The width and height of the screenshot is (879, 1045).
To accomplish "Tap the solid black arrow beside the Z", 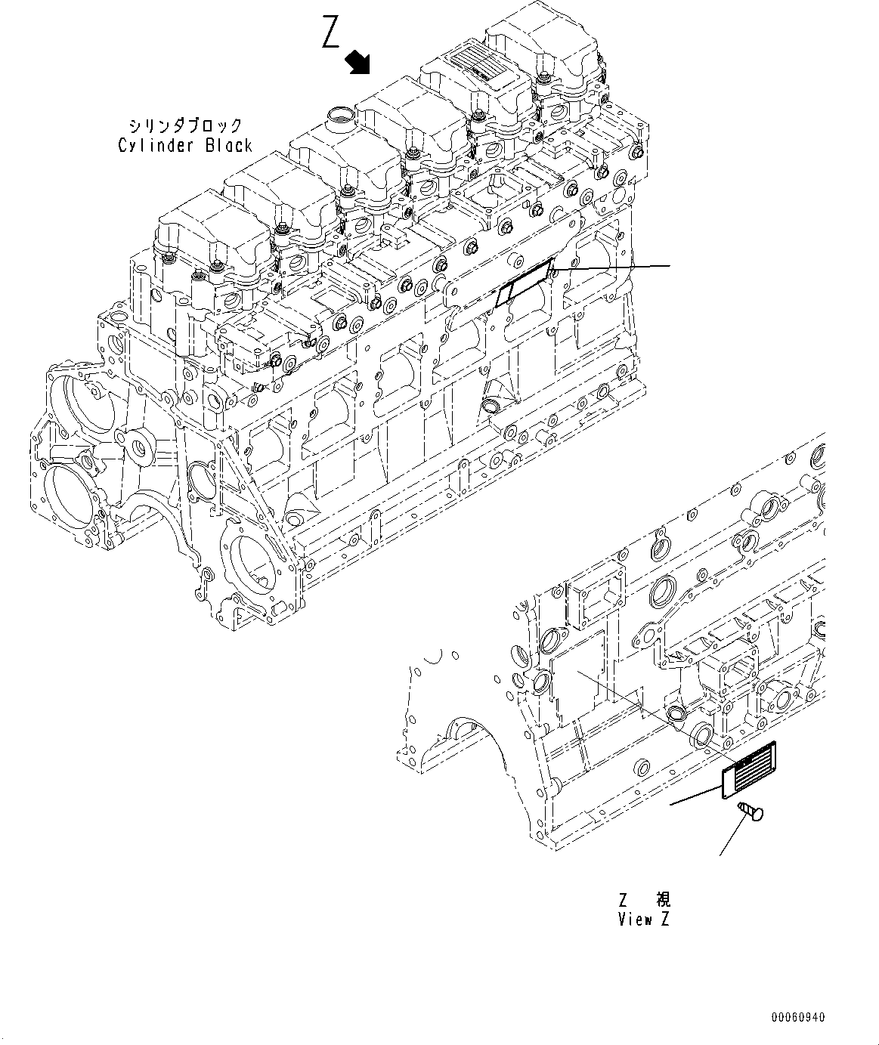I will coord(358,63).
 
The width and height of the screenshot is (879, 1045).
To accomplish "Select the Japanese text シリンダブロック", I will coord(185,125).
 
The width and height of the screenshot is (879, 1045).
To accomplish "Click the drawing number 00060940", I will coord(799,1018).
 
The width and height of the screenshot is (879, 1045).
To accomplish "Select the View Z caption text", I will coord(643,919).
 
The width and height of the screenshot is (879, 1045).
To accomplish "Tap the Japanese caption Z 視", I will coord(644,899).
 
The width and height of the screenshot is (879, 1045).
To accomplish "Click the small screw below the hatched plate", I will coord(750,813).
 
